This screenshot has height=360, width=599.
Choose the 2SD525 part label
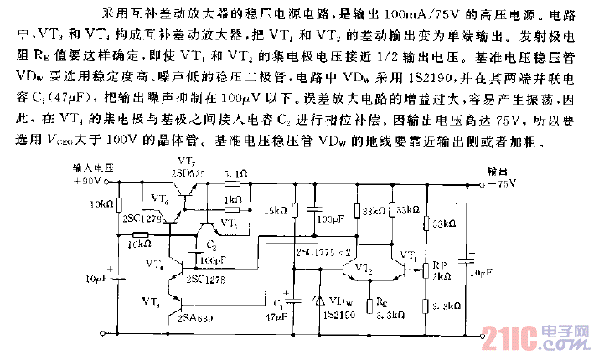tap(190, 171)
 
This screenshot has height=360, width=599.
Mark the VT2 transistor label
tap(364, 269)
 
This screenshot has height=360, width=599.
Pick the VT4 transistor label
tap(155, 265)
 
